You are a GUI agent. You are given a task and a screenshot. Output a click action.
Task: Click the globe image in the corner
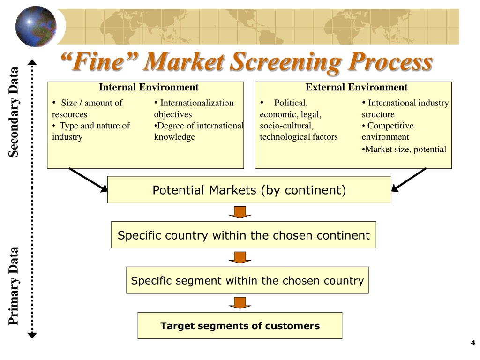click(36, 26)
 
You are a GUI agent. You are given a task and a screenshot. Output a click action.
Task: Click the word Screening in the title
click(286, 62)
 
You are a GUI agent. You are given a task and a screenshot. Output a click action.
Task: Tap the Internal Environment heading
click(149, 87)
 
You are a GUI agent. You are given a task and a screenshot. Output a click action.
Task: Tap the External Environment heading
click(356, 87)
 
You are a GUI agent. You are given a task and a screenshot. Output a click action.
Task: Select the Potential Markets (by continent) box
click(249, 189)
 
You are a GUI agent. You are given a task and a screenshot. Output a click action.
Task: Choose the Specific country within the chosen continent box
click(244, 235)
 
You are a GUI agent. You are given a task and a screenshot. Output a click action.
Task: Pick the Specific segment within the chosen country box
click(247, 280)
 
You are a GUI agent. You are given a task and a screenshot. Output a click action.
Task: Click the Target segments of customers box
click(240, 325)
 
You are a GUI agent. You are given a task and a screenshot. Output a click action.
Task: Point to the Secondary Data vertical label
click(14, 112)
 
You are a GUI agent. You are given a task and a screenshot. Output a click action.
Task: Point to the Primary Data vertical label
click(14, 285)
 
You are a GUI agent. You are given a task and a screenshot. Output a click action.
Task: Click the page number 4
click(473, 343)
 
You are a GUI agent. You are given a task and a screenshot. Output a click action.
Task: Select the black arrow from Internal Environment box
click(88, 180)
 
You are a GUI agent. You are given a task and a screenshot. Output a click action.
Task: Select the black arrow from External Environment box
click(409, 180)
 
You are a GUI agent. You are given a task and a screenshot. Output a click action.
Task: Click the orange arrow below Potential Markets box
click(240, 212)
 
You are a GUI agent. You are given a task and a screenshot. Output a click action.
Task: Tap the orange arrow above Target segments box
click(240, 303)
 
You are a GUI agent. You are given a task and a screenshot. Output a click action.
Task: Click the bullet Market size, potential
click(404, 150)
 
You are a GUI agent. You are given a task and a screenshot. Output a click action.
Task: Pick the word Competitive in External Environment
click(390, 126)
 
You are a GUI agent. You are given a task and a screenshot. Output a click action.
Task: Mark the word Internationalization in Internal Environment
click(197, 103)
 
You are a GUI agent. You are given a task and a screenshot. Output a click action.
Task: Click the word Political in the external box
click(291, 103)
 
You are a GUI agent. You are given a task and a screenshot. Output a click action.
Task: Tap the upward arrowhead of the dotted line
click(32, 62)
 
